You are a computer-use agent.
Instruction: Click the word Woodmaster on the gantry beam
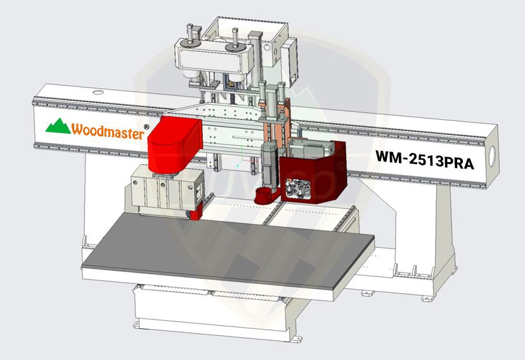point(107,130)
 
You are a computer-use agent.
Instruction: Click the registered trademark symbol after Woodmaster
point(146,127)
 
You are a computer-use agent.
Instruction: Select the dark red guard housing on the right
point(317,171)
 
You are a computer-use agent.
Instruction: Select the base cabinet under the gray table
point(209,311)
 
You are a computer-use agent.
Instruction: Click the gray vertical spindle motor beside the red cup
point(269,165)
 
